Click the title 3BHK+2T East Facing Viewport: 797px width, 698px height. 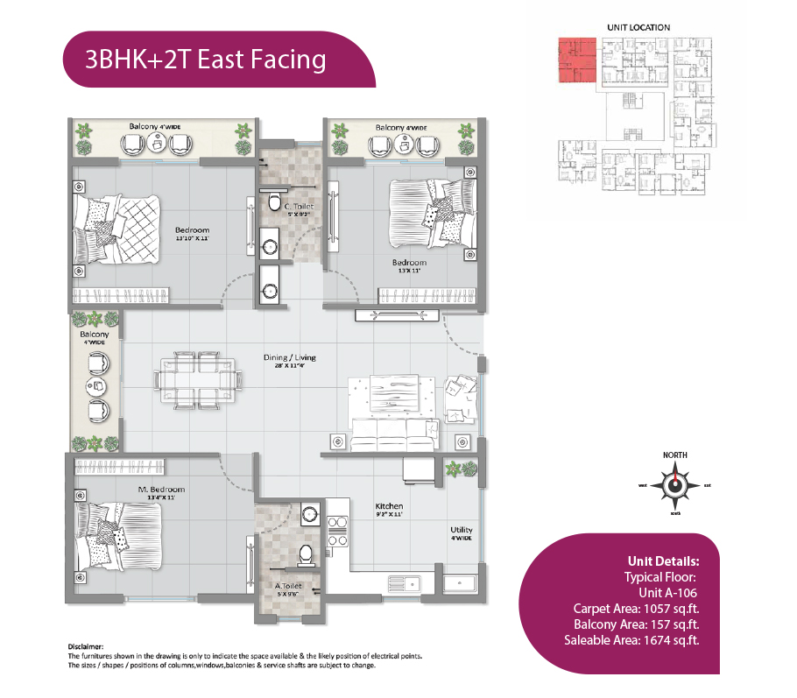[x=205, y=60]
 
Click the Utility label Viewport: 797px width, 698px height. [x=462, y=530]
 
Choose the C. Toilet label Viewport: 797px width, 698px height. [x=299, y=207]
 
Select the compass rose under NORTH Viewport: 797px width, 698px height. [x=674, y=485]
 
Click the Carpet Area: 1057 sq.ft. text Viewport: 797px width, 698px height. [x=635, y=608]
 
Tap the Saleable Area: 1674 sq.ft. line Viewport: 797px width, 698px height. [x=631, y=640]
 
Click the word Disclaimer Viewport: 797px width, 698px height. [x=85, y=645]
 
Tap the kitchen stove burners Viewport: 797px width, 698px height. [x=337, y=525]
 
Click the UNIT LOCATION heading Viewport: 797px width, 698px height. [x=638, y=28]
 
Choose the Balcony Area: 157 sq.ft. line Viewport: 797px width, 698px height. [x=635, y=624]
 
